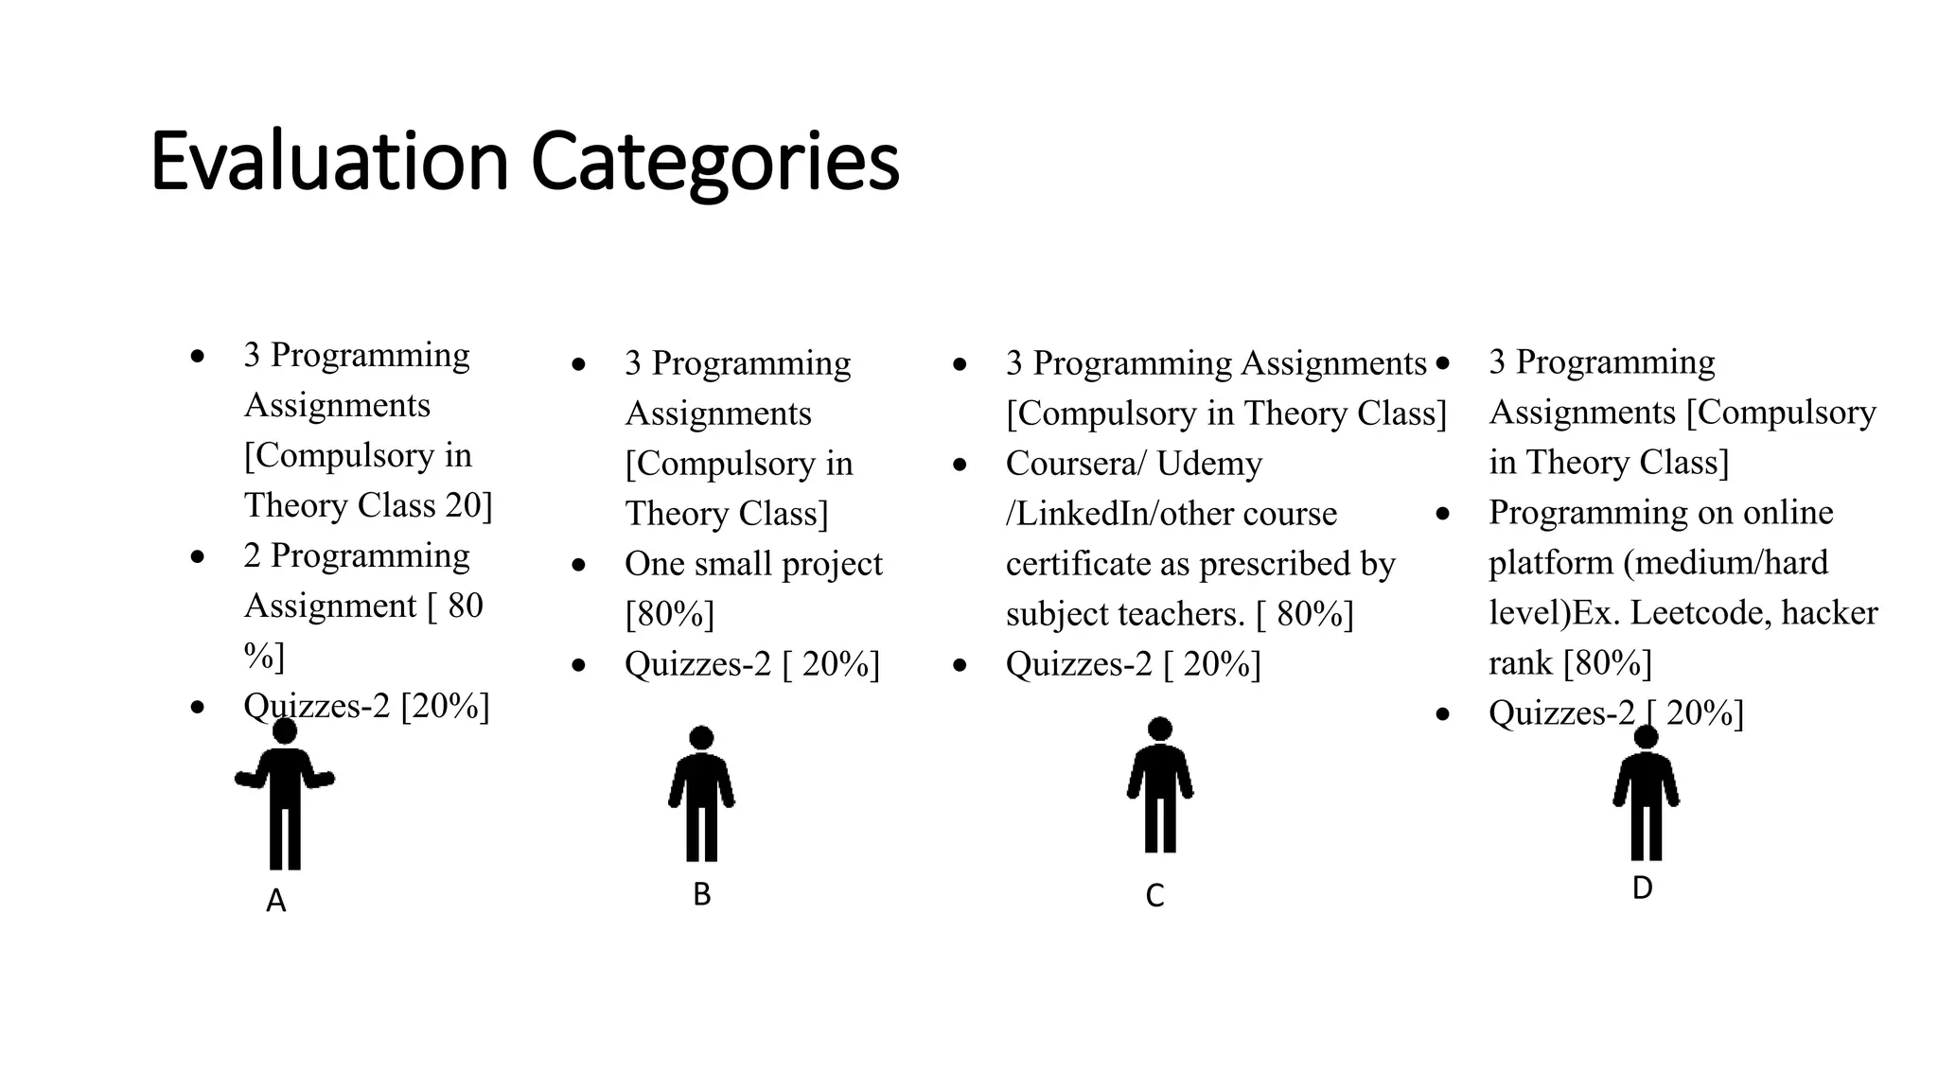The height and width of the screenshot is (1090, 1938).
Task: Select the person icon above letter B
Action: coord(701,794)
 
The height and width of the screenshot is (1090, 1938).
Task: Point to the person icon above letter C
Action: coord(1160,785)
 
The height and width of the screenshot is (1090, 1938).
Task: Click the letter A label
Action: coord(275,902)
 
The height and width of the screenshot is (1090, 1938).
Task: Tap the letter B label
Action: coord(701,894)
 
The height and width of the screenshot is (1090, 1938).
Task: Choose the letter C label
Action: coord(1154,896)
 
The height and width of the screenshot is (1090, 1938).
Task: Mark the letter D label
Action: coord(1642,888)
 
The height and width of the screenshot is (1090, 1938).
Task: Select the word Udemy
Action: coord(1209,464)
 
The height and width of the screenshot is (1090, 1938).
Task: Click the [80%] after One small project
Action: coord(670,614)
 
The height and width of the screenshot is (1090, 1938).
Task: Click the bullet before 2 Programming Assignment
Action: coord(197,556)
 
